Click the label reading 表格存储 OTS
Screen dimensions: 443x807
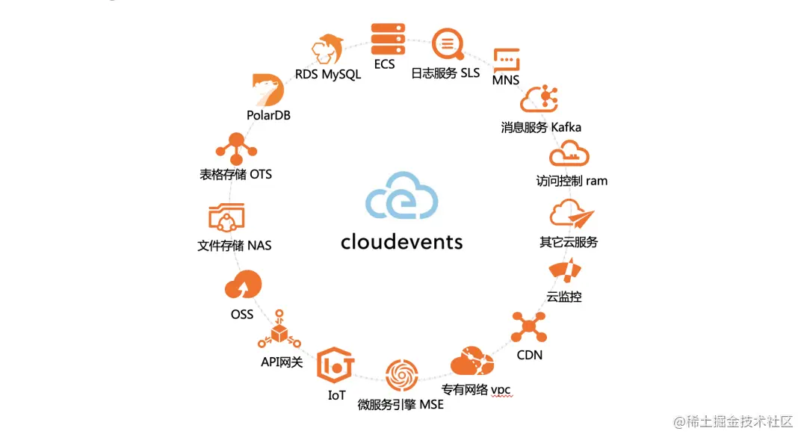(x=235, y=174)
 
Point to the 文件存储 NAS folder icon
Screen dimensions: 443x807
(x=226, y=219)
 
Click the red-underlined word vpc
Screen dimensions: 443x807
(x=501, y=389)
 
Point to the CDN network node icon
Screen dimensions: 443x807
(x=529, y=326)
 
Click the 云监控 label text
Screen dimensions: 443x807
(x=564, y=297)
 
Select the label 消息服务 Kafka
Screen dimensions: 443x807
(x=541, y=127)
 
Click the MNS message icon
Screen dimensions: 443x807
(x=506, y=60)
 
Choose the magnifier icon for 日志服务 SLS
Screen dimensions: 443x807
(x=448, y=45)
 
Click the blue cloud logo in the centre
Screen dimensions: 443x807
(x=402, y=196)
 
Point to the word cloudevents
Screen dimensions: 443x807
(x=401, y=241)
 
